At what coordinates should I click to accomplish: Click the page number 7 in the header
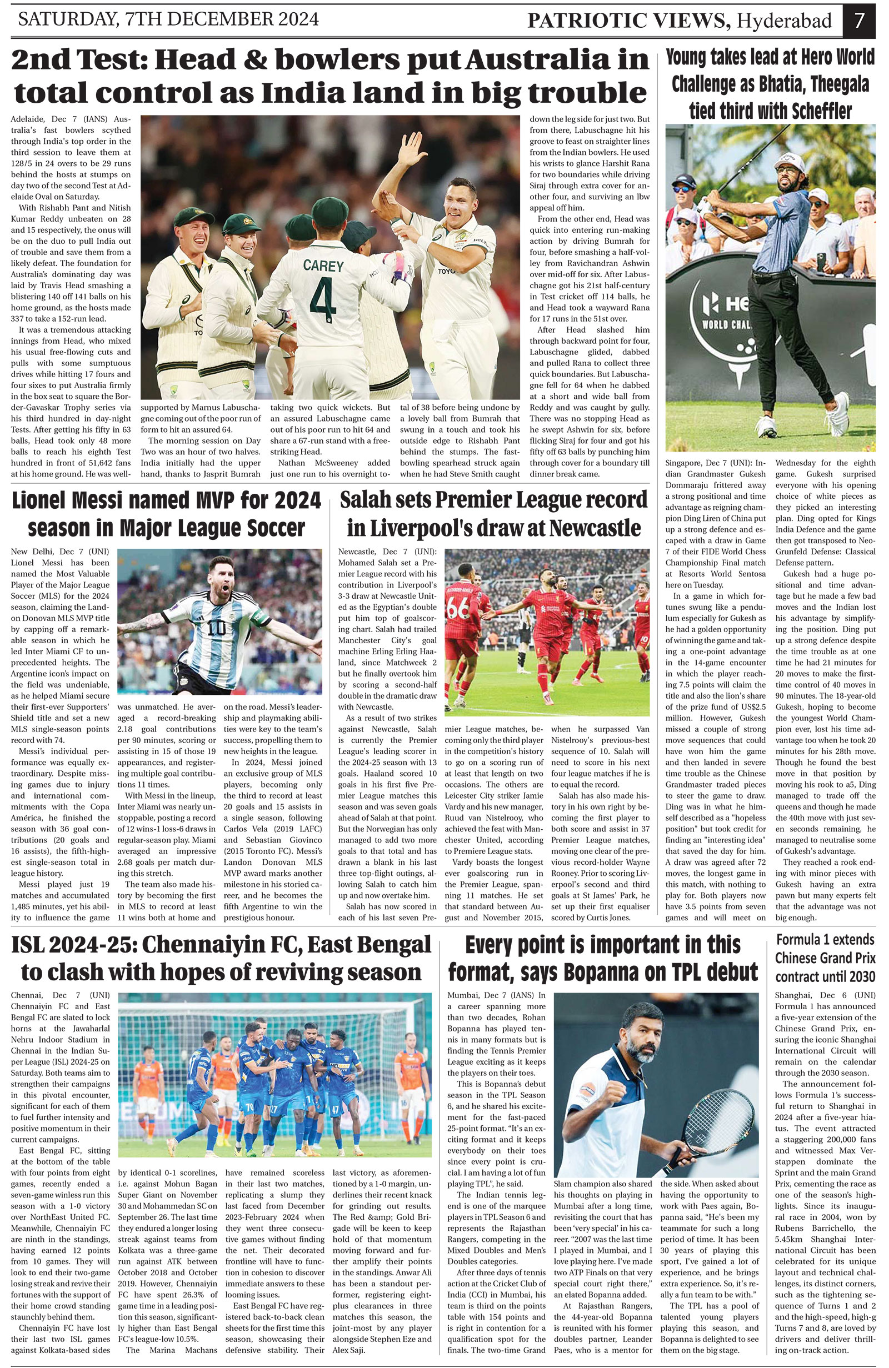[858, 21]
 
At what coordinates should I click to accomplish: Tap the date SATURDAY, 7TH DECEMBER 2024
[168, 19]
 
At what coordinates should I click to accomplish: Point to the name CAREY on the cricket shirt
[323, 265]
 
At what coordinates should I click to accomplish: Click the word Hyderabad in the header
[785, 21]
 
